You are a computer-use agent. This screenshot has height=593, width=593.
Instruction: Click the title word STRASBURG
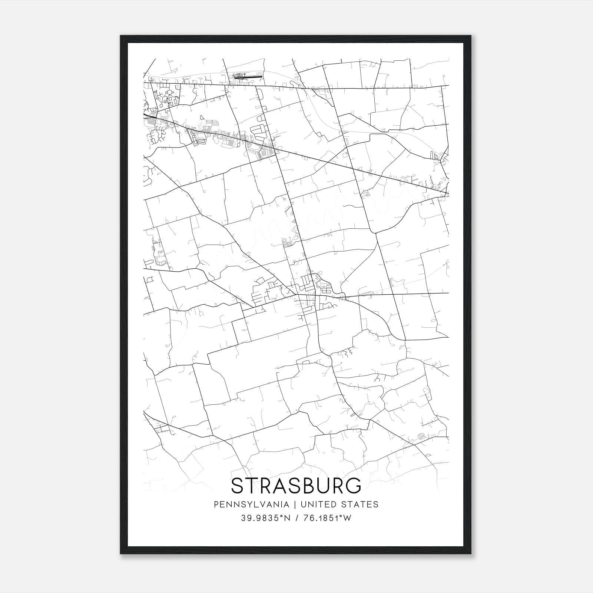coord(296,486)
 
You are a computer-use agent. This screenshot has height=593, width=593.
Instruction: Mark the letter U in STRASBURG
coord(325,486)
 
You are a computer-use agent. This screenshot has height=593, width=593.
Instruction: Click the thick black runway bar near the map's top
coord(252,77)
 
